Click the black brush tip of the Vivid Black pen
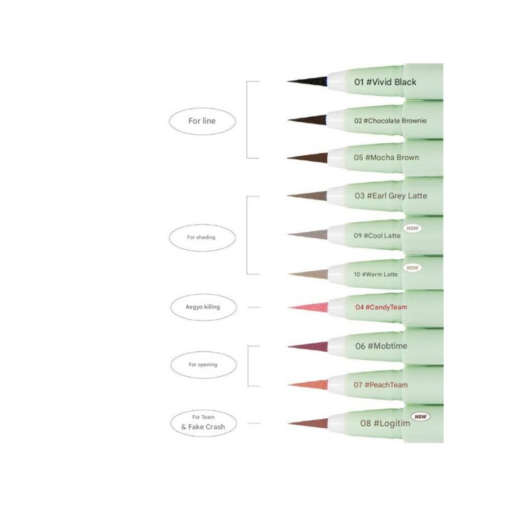[x=307, y=82]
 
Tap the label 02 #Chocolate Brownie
[x=390, y=121]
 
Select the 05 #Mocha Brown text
[x=387, y=157]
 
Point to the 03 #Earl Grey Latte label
[x=390, y=196]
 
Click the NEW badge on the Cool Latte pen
[x=413, y=228]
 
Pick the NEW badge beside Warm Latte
[x=413, y=267]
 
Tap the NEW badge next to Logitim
[x=420, y=417]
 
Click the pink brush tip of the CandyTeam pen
[x=308, y=307]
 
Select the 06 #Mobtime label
[x=381, y=346]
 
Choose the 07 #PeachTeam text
[x=381, y=385]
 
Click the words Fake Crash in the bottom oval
[x=207, y=427]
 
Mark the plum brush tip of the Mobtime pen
[x=308, y=347]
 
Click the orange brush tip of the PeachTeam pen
[x=308, y=385]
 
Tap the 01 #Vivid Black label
[x=385, y=82]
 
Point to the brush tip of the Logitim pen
[x=308, y=423]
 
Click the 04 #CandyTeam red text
[x=382, y=307]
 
